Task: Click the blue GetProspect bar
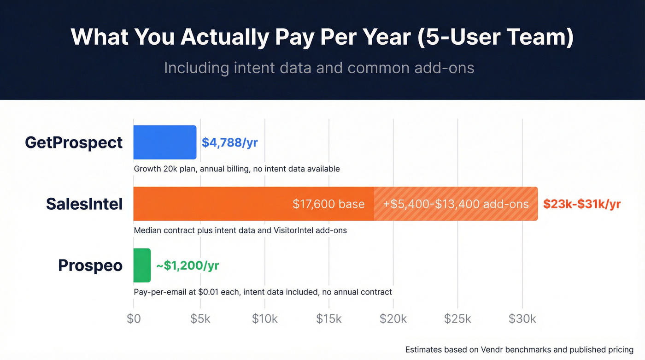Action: [x=164, y=142]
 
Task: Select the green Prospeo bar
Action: [x=142, y=265]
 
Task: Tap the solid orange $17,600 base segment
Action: [x=253, y=204]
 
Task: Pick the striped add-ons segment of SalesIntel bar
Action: [x=456, y=204]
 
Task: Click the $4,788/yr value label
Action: [x=229, y=142]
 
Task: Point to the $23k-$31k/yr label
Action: [x=582, y=204]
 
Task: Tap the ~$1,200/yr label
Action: [x=188, y=266]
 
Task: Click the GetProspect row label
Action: [x=74, y=142]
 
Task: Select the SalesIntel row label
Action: [x=84, y=204]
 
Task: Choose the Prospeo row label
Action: [x=90, y=266]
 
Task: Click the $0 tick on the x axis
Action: [x=134, y=319]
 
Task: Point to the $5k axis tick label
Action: [x=200, y=319]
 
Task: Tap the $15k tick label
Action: [x=329, y=319]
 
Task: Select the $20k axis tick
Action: [x=393, y=319]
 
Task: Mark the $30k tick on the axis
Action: [x=522, y=319]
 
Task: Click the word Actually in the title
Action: [x=224, y=37]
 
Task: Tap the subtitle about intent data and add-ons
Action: [x=319, y=68]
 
